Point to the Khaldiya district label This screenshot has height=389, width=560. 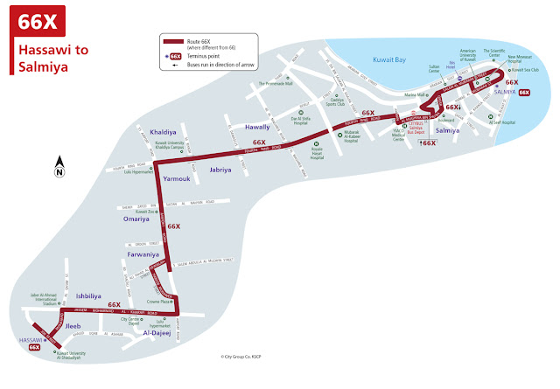pos(164,132)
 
